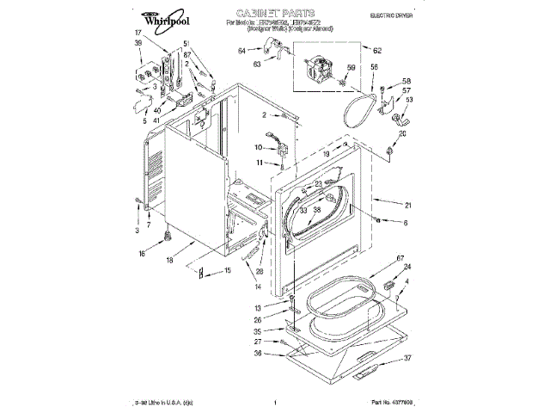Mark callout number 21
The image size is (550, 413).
pyautogui.click(x=408, y=204)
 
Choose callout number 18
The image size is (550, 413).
pyautogui.click(x=169, y=259)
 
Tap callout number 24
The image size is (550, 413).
pyautogui.click(x=406, y=267)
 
